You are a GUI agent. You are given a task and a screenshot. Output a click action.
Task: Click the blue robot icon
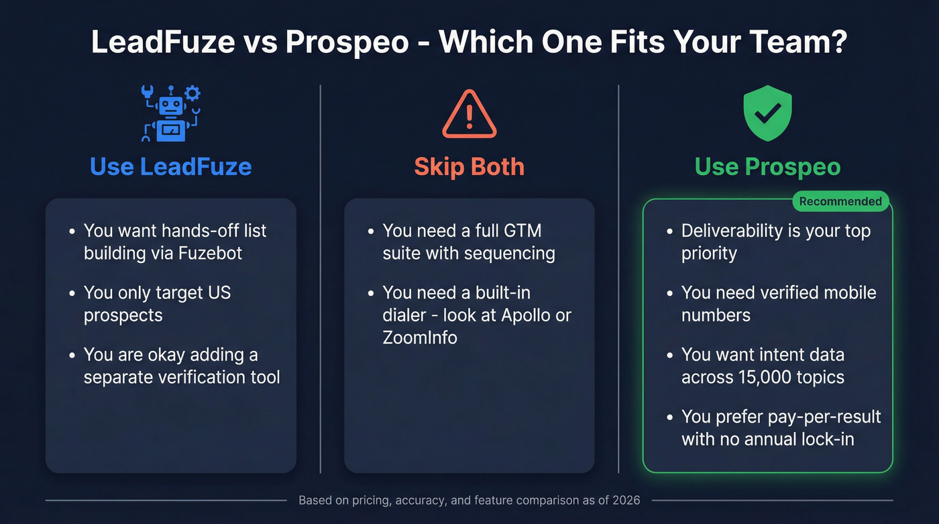[x=170, y=114]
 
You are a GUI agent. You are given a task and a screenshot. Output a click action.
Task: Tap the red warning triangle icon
[x=469, y=115]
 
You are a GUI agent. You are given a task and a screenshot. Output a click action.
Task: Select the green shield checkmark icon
[x=767, y=113]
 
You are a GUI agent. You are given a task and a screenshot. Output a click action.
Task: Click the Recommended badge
[x=840, y=201]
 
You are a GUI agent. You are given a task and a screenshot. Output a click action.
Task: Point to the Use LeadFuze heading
[x=170, y=166]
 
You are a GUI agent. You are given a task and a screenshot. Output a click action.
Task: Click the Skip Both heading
[x=469, y=166]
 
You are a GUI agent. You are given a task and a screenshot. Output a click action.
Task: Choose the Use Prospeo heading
[x=767, y=166]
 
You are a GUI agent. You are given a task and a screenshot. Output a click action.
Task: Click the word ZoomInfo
[x=420, y=337]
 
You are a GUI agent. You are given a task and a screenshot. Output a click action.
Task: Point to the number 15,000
[x=757, y=377]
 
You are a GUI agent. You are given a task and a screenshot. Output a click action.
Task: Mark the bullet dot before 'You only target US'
[x=72, y=293]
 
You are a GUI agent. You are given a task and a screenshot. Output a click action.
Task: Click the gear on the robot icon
[x=192, y=93]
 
